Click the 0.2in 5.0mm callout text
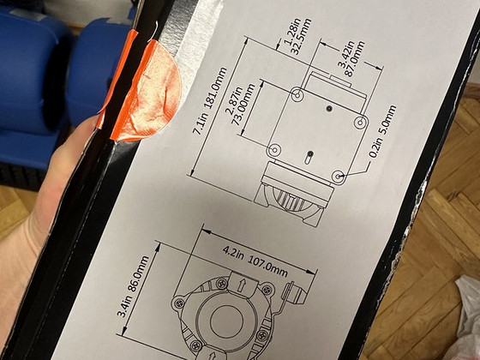(x=382, y=131)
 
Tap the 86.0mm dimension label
(x=137, y=275)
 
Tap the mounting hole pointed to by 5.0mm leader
(x=339, y=177)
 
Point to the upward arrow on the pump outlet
(x=242, y=285)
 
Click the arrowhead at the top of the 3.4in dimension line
(x=158, y=247)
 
